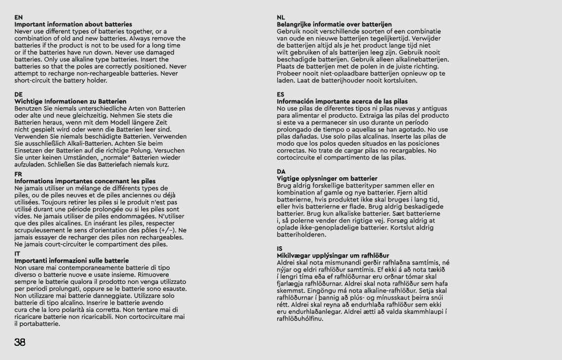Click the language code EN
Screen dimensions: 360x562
pyautogui.click(x=18, y=17)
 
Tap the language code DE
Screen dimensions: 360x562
pyautogui.click(x=18, y=94)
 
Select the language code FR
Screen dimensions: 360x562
pyautogui.click(x=18, y=174)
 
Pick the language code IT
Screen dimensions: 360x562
pyautogui.click(x=18, y=253)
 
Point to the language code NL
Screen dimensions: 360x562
pyautogui.click(x=281, y=17)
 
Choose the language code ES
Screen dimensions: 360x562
pyautogui.click(x=280, y=94)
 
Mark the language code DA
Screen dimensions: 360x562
pyautogui.click(x=281, y=172)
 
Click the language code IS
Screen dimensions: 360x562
pyautogui.click(x=280, y=248)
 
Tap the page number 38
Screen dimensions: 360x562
pyautogui.click(x=20, y=342)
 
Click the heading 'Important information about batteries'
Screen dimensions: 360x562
pyautogui.click(x=73, y=24)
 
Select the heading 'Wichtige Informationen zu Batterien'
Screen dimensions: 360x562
pyautogui.click(x=70, y=102)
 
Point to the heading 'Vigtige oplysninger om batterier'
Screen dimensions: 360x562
pyautogui.click(x=327, y=179)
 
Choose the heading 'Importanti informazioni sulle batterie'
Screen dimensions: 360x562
pyautogui.click(x=72, y=260)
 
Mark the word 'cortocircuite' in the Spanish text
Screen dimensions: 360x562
pyautogui.click(x=299, y=158)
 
